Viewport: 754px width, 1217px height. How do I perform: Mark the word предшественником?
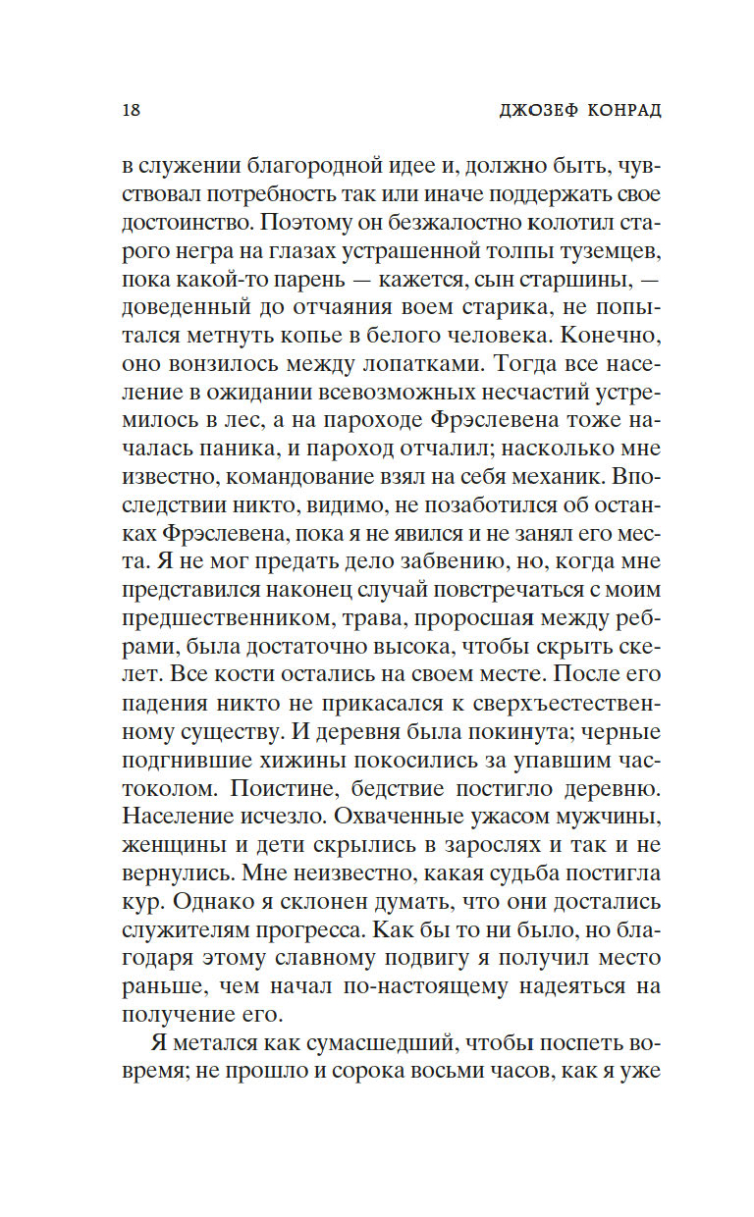213,619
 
